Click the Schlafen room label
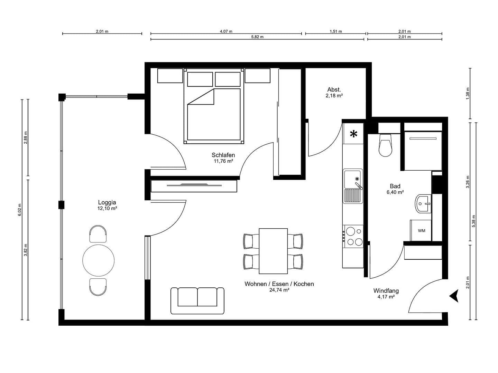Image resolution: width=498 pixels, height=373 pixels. (223, 155)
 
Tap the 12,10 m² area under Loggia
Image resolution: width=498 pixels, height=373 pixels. (107, 209)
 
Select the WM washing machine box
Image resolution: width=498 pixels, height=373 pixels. (421, 230)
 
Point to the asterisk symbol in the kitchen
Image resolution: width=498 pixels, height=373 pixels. (353, 134)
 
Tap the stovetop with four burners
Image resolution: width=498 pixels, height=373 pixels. (353, 236)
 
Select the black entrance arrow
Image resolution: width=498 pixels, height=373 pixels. (454, 296)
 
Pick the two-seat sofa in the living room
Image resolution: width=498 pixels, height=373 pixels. (197, 300)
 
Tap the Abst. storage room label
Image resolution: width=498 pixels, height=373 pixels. (334, 90)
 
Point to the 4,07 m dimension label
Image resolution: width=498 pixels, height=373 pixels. (226, 31)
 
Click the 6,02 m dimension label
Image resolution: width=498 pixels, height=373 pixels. (20, 210)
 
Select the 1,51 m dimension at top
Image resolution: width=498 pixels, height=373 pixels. (335, 31)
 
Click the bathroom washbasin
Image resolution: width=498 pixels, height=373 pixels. (423, 204)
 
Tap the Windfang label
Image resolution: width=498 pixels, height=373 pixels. (386, 291)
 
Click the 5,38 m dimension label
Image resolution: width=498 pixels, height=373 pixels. (473, 221)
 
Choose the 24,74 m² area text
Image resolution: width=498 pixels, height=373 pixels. (279, 290)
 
